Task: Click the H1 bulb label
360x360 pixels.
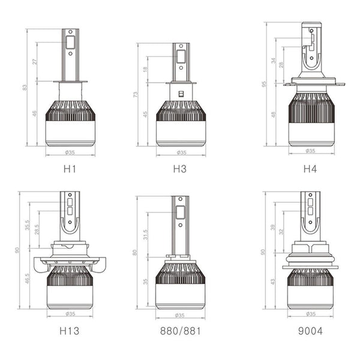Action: (70, 169)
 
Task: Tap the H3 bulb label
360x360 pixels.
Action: (179, 169)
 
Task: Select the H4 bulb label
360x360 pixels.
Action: (310, 169)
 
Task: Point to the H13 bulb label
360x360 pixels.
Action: (69, 330)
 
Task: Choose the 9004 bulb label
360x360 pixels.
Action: (310, 330)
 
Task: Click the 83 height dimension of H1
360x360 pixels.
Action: (25, 87)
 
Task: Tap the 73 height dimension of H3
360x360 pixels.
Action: (135, 95)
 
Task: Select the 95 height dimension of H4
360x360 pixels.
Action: (263, 84)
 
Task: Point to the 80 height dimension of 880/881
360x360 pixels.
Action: (135, 252)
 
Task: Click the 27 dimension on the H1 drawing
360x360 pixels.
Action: (35, 61)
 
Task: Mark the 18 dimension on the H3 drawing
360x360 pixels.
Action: (145, 69)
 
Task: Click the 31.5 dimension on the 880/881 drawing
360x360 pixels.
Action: (145, 234)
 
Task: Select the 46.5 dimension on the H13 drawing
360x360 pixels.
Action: (28, 280)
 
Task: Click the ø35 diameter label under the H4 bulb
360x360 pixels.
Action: (310, 151)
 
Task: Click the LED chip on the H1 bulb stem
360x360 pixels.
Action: (70, 42)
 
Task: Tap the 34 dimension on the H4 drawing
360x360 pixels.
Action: (274, 61)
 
